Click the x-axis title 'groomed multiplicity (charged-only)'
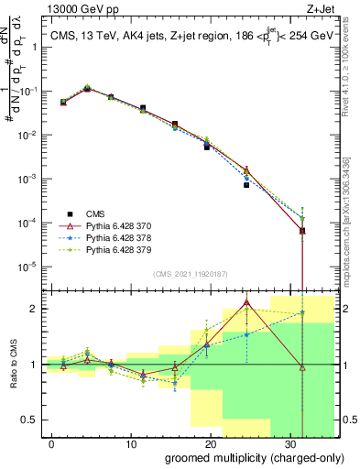242,457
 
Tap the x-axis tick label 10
130,442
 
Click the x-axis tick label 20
210,442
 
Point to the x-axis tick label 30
289,442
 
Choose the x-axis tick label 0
52,442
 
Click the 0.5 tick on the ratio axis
29,420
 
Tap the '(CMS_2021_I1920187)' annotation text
190,273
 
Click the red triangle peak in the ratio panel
246,302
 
